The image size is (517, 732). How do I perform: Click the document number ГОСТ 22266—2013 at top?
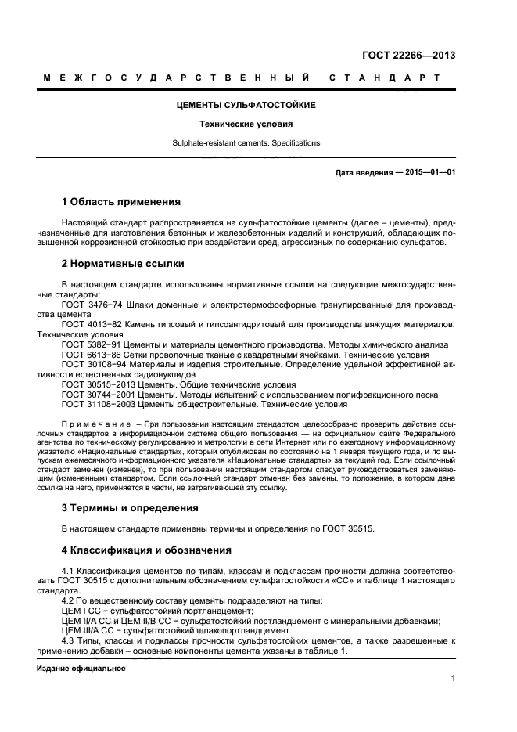409,56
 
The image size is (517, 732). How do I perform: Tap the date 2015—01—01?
429,172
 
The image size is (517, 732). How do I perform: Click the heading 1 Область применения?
120,201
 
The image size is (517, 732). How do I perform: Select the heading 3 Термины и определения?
129,507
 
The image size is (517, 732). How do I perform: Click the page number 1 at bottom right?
453,678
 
